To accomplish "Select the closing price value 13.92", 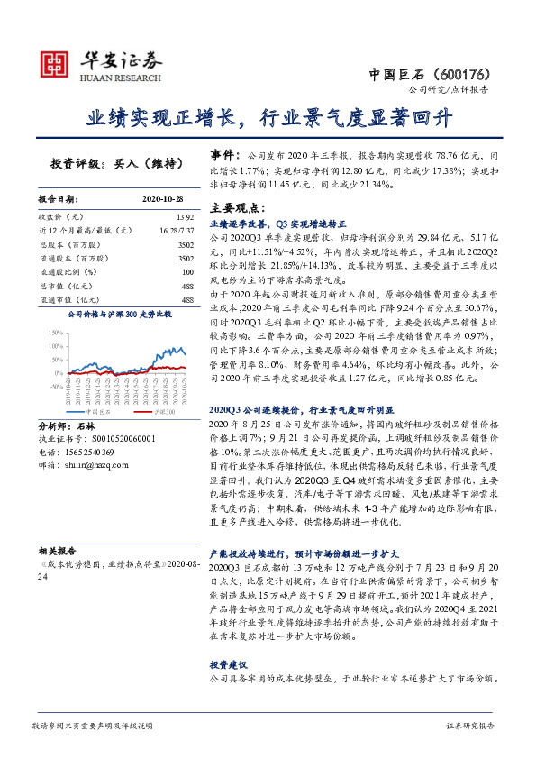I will (185, 217).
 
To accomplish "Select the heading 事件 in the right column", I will (225, 155).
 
